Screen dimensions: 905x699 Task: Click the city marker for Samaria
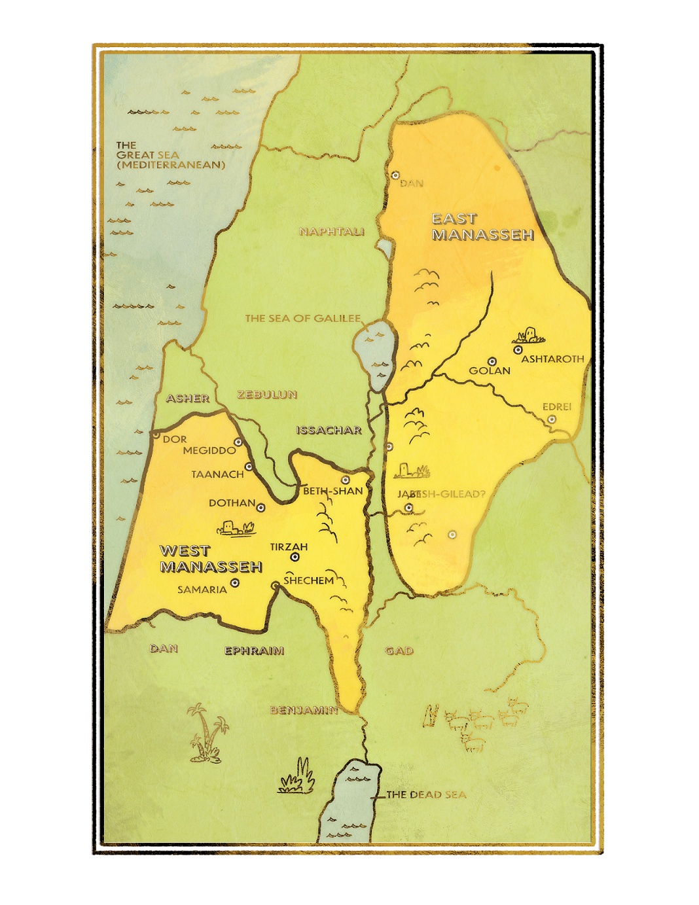[x=234, y=583]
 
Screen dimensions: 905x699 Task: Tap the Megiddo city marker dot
[x=238, y=442]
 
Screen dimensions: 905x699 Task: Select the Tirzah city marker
[x=295, y=558]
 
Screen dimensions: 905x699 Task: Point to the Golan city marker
[x=492, y=361]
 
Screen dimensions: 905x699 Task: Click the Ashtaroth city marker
[x=518, y=350]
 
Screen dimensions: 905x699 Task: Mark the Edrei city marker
[x=552, y=419]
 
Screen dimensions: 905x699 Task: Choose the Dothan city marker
[x=260, y=508]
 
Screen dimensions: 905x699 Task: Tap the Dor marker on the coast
[x=156, y=434]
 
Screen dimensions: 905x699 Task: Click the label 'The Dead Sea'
[x=426, y=794]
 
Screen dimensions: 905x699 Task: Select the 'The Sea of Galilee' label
[x=302, y=319]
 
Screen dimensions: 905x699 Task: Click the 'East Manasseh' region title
[x=482, y=227]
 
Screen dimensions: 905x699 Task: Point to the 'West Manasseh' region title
[x=210, y=559]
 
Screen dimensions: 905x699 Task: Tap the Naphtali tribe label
[x=331, y=232]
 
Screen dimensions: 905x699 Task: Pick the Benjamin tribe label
[x=303, y=710]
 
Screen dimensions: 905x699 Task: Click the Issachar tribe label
[x=329, y=430]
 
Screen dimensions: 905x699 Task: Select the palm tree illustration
[x=208, y=733]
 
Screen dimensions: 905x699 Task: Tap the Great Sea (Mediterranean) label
[x=170, y=155]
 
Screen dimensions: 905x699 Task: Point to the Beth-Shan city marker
[x=345, y=480]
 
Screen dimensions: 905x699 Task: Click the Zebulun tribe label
[x=267, y=395]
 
